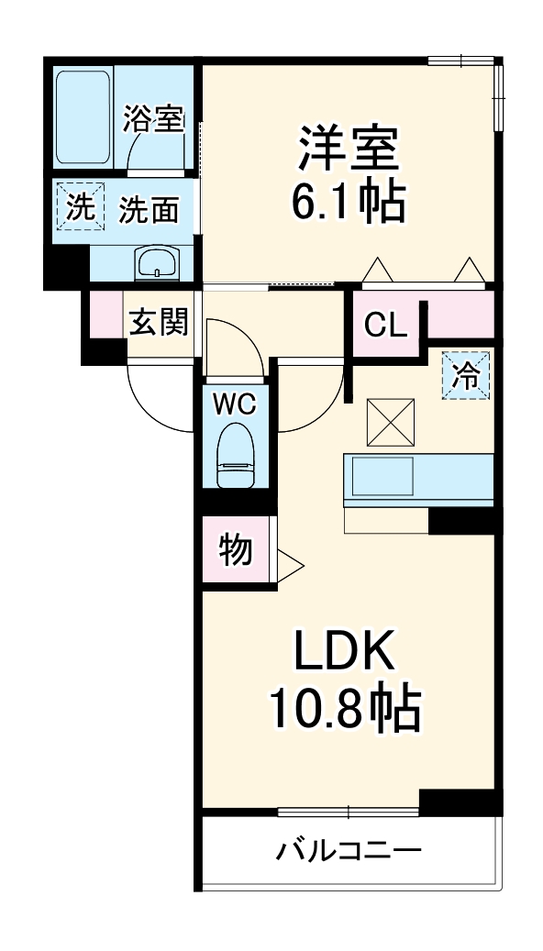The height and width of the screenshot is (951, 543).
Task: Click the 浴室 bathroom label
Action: click(x=153, y=120)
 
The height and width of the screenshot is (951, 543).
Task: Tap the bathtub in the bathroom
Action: click(x=83, y=117)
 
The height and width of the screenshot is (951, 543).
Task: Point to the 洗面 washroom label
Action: click(x=148, y=210)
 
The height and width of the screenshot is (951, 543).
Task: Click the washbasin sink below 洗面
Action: click(x=159, y=263)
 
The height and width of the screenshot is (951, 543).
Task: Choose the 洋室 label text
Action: click(x=348, y=149)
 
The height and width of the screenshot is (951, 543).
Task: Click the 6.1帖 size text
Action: click(x=348, y=204)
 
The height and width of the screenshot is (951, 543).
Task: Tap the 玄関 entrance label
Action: click(x=158, y=322)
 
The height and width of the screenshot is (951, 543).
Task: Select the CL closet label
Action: click(x=386, y=325)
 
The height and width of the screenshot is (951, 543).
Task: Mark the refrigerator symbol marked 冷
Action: click(x=467, y=376)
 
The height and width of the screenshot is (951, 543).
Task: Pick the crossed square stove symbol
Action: click(x=392, y=423)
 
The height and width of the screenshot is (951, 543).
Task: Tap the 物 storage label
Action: click(x=235, y=550)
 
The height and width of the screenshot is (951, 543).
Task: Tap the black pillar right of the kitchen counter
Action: click(x=464, y=519)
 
